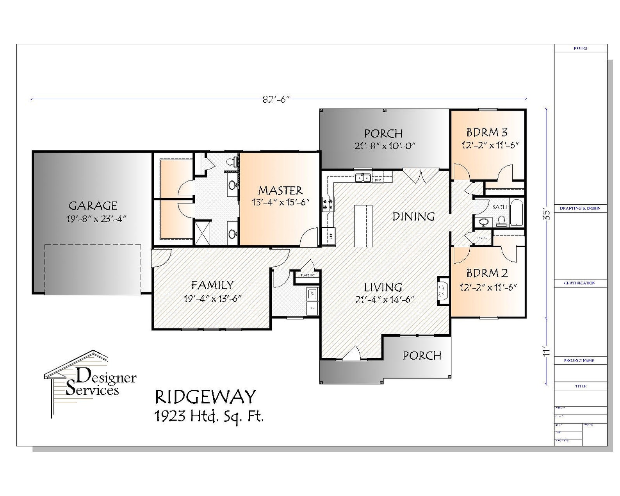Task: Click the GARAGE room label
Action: coord(93,205)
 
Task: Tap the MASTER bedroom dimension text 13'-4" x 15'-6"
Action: coord(280,202)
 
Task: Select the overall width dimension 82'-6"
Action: coord(277,99)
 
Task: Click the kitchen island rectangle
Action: coord(363,226)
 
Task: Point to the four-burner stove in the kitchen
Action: coord(328,205)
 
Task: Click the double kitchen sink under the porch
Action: coord(363,178)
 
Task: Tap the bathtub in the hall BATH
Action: coord(516,213)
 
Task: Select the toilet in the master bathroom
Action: coord(233,161)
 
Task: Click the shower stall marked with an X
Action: coord(203,233)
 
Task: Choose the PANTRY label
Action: coord(308,275)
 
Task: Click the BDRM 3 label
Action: coord(487,132)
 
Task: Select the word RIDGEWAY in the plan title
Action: coord(205,397)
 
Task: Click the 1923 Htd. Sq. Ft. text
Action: coord(209,417)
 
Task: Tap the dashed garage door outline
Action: coord(93,269)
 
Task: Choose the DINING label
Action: coord(413,216)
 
